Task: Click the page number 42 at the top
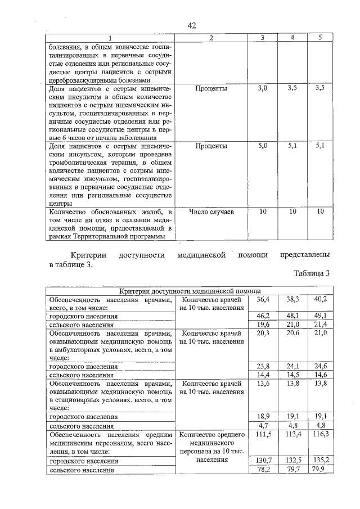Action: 191,26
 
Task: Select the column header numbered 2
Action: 210,38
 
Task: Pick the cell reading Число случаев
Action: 211,211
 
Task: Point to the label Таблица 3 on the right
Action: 311,273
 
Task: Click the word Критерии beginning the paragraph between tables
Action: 89,255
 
